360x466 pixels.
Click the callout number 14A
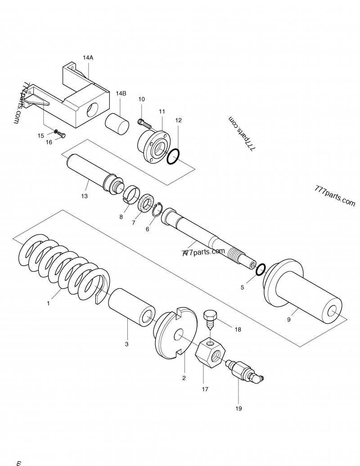tap(88, 58)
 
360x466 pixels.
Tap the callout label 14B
tap(121, 93)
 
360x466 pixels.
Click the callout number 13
tap(84, 196)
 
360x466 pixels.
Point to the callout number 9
tap(289, 320)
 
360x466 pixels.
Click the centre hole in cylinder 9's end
tap(333, 312)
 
